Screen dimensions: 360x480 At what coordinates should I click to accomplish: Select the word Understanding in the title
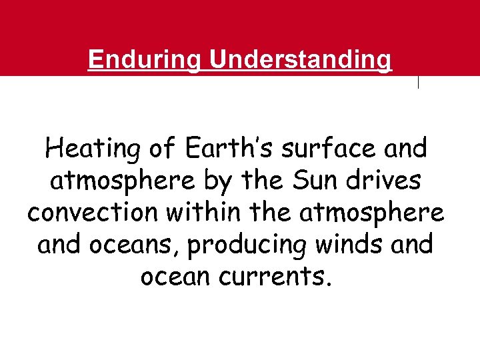click(301, 60)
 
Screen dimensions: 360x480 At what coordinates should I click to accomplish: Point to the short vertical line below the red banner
click(418, 83)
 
